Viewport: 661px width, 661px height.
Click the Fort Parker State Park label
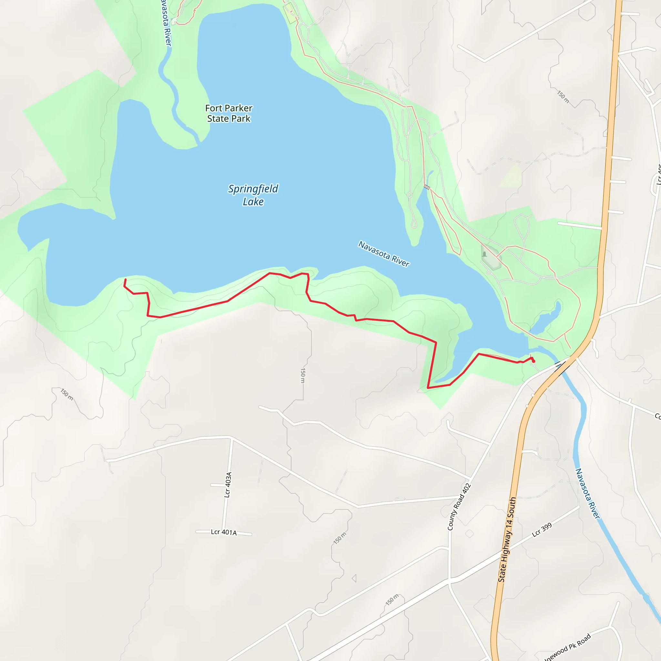click(x=229, y=113)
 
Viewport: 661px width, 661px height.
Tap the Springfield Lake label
click(x=253, y=195)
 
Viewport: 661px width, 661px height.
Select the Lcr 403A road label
click(x=228, y=484)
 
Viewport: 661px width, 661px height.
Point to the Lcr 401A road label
click(x=224, y=532)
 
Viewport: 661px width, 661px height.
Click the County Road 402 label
click(x=459, y=507)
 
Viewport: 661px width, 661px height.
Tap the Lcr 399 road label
click(x=542, y=530)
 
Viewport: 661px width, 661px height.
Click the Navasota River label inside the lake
click(x=383, y=253)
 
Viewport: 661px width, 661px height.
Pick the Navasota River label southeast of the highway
click(x=587, y=493)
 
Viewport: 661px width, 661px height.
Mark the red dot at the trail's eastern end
click(x=534, y=361)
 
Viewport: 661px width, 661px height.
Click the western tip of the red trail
click(x=126, y=280)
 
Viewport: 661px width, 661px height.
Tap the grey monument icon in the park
click(x=484, y=254)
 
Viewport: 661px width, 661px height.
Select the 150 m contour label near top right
click(x=563, y=97)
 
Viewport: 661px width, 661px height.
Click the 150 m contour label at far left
click(x=67, y=394)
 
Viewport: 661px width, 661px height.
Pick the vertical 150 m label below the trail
click(x=303, y=375)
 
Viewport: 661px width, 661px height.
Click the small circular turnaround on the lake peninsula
click(x=410, y=195)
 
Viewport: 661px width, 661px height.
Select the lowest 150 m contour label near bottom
click(x=392, y=599)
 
